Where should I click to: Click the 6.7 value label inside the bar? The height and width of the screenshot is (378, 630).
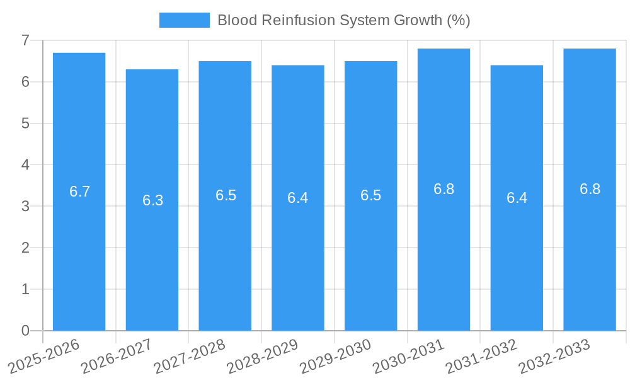pos(80,192)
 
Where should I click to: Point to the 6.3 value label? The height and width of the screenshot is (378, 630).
pos(152,200)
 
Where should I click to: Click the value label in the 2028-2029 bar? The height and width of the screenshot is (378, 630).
pos(297,198)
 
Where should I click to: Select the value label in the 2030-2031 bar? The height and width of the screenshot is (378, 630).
pos(444,189)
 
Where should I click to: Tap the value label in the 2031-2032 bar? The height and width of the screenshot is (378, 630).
pos(517,198)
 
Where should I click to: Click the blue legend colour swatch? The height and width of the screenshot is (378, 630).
pos(184,20)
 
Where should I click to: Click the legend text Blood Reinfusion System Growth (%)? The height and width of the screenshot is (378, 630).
pos(344,20)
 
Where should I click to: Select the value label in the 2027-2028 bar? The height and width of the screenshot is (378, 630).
pos(226,195)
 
